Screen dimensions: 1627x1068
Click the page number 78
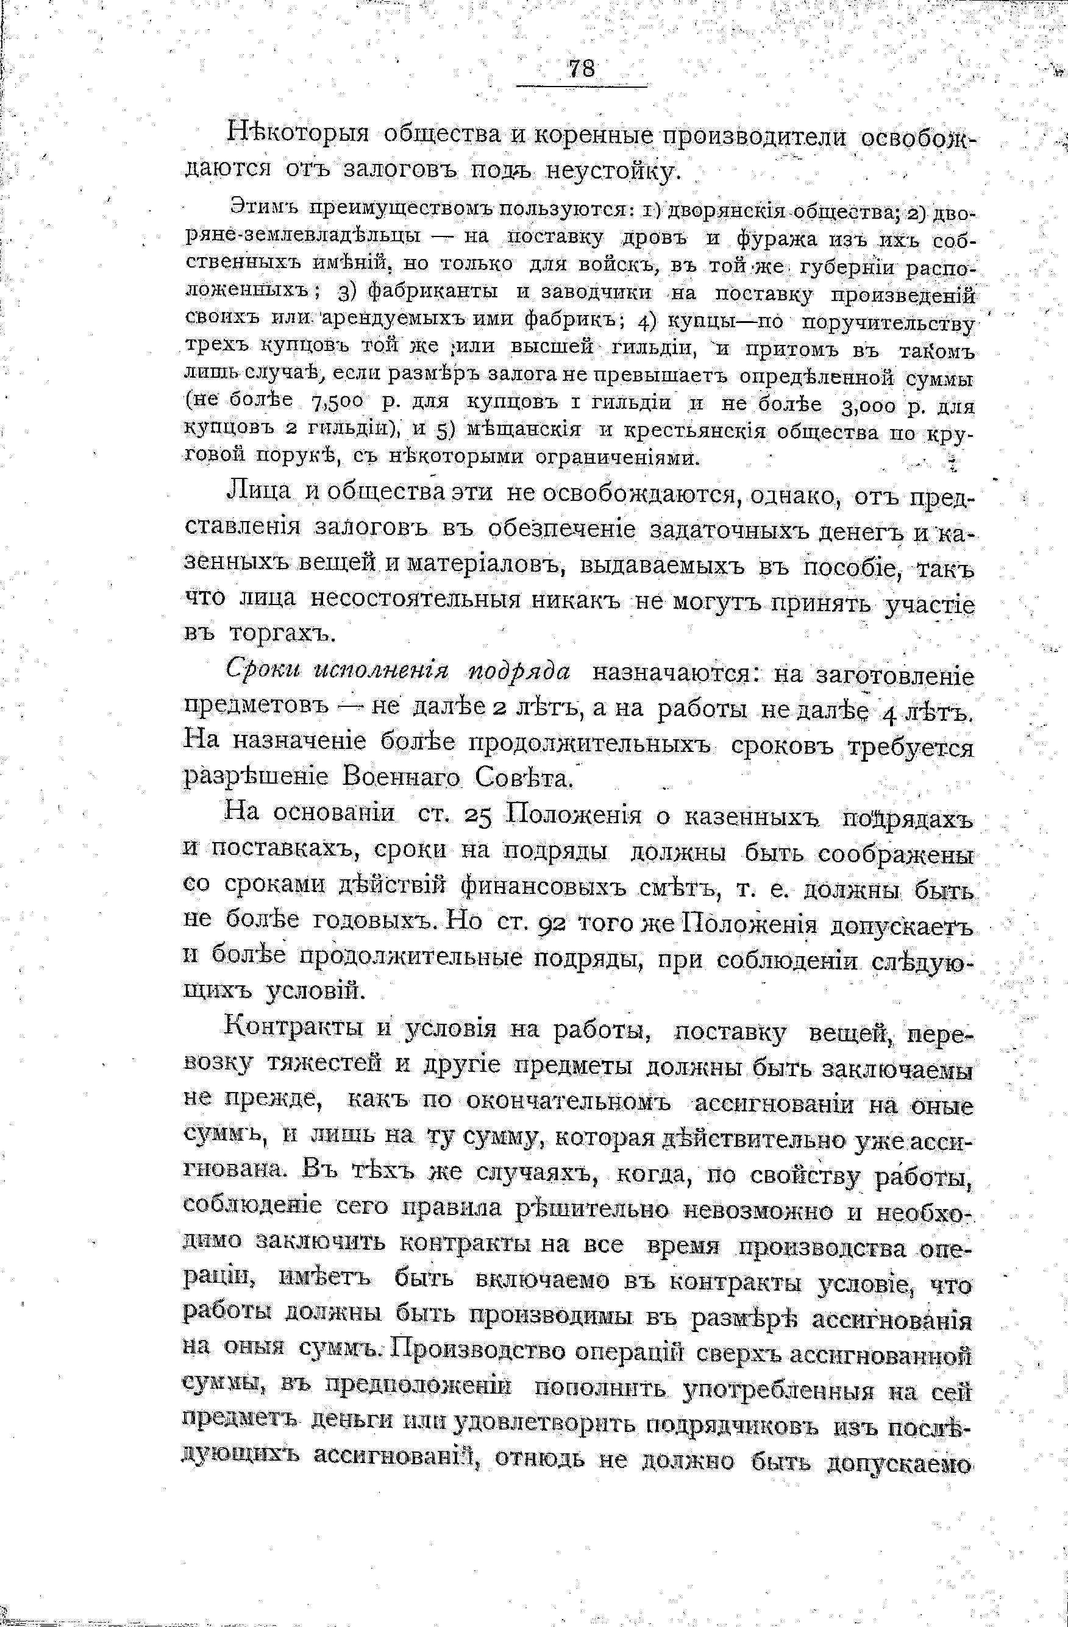pyautogui.click(x=581, y=69)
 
